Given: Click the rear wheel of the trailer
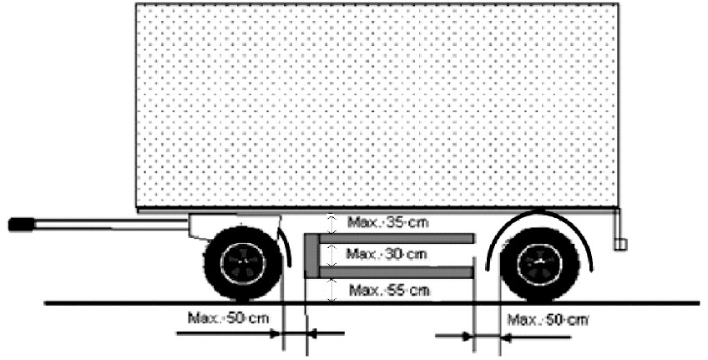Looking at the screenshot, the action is pos(539,264).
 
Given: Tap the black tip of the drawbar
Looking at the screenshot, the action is pos(21,225).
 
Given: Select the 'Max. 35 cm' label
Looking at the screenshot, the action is pos(388,223).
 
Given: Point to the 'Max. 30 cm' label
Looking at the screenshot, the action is pos(386,254).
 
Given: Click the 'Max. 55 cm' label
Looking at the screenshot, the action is pos(389,290).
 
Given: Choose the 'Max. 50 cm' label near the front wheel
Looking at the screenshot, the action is pos(229,318).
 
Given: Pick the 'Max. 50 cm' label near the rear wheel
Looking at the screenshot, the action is pos(549,320).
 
